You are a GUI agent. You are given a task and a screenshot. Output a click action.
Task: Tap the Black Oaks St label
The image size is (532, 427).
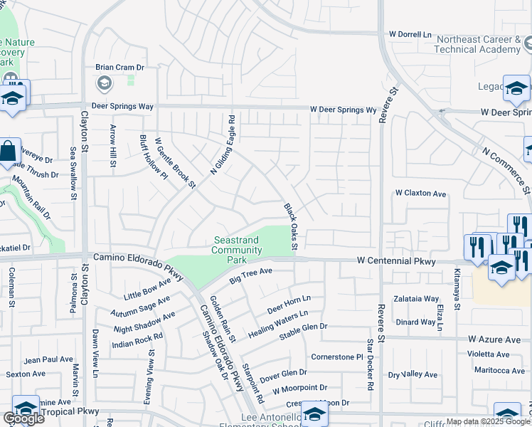290,227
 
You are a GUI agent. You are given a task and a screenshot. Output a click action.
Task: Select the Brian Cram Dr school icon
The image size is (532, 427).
104,85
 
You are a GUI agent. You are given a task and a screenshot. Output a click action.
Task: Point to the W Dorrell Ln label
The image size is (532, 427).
410,34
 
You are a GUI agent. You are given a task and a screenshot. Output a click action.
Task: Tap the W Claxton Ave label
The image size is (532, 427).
420,194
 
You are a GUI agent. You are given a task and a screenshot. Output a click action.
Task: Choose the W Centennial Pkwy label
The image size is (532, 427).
395,262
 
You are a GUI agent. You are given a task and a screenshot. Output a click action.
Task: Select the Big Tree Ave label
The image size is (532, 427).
251,275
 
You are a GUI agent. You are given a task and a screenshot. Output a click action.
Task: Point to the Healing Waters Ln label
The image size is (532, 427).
277,323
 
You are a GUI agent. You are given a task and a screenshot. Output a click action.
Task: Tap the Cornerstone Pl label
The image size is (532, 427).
337,357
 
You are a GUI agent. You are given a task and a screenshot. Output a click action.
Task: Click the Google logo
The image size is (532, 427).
23,418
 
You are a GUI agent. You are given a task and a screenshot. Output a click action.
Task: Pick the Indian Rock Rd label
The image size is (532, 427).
138,341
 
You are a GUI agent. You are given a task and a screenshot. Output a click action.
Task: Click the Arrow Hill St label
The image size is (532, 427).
112,146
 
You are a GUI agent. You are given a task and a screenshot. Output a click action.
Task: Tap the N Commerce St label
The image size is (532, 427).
506,170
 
